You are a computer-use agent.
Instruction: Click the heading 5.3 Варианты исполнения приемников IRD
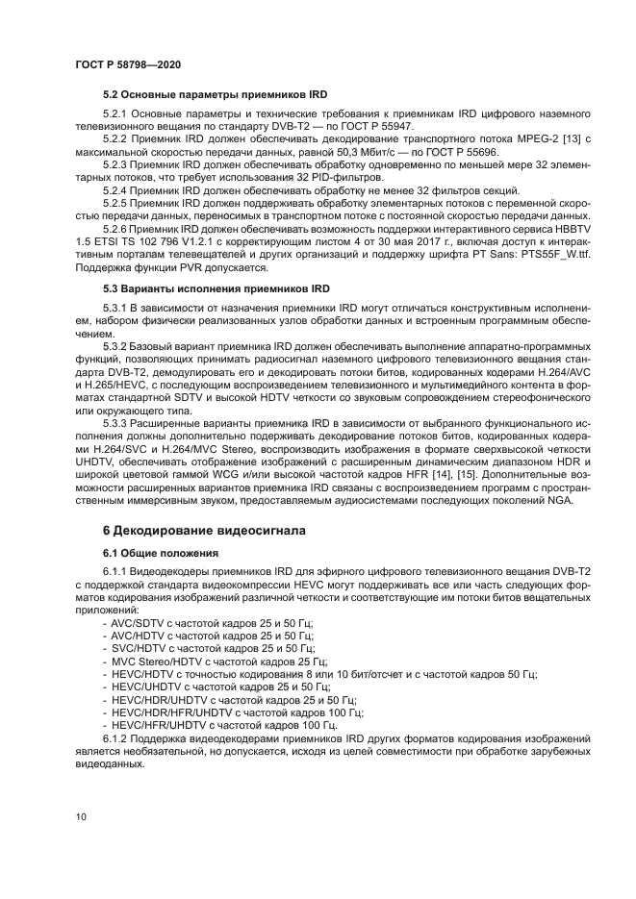tap(216, 288)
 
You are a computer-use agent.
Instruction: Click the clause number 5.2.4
tap(118, 190)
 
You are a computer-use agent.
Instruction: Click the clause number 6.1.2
tap(118, 737)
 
